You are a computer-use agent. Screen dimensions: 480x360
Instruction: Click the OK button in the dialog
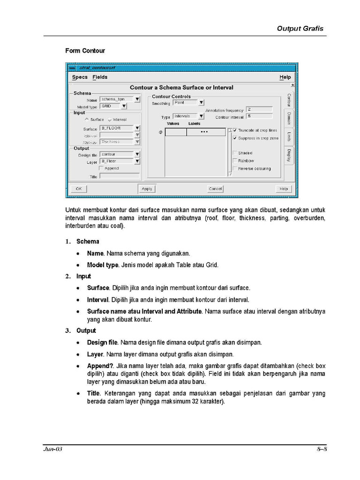(78, 188)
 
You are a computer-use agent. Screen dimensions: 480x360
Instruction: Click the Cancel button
(215, 188)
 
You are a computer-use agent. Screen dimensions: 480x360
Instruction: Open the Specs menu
(80, 77)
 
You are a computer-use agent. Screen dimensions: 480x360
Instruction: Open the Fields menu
(100, 77)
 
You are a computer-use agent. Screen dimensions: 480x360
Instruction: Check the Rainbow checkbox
(235, 161)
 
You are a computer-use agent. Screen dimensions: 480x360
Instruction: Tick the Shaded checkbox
(235, 153)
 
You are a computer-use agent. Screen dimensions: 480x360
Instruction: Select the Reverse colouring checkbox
(235, 169)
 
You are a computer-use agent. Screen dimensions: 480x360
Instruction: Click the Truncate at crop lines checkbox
(235, 130)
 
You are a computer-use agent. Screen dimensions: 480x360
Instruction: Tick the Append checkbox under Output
(101, 168)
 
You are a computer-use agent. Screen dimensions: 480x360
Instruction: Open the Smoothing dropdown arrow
(201, 103)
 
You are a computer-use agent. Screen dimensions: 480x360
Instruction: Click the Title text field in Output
(119, 176)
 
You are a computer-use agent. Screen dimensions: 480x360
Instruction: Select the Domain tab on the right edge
(289, 119)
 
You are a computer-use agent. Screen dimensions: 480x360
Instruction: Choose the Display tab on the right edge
(289, 155)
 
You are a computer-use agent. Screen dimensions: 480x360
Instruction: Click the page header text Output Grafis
(300, 29)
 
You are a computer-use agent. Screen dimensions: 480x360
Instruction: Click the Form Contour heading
(85, 51)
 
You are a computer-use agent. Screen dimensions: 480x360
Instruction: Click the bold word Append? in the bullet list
(101, 366)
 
